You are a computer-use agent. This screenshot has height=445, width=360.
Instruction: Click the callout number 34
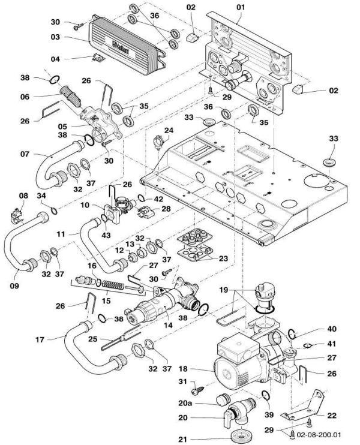tap(41, 195)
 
